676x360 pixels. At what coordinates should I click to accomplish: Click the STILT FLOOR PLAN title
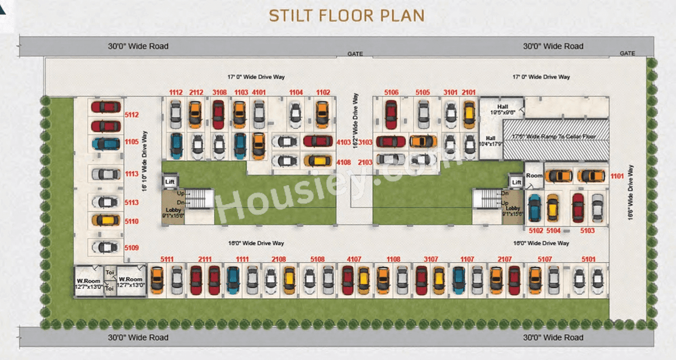click(346, 15)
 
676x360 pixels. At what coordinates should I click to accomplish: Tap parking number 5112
click(132, 114)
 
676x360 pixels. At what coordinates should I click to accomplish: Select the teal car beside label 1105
click(106, 144)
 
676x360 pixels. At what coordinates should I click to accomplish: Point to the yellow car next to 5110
click(106, 220)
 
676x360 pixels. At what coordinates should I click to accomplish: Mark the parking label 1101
click(617, 176)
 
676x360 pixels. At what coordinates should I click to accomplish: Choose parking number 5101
click(588, 259)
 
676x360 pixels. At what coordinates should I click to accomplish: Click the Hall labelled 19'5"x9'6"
click(502, 109)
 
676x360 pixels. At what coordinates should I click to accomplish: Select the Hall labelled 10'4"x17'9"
click(491, 140)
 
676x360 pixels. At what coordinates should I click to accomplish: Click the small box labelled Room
click(534, 175)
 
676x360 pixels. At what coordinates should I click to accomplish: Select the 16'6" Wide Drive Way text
click(631, 193)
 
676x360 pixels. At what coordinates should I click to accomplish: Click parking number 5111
click(167, 259)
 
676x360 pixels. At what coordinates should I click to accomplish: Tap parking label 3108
click(219, 93)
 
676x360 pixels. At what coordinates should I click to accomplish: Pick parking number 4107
click(354, 259)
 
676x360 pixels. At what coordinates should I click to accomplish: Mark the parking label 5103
click(587, 231)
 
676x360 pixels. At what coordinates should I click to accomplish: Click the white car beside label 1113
click(106, 174)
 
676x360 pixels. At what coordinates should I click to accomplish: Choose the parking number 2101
click(468, 93)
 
